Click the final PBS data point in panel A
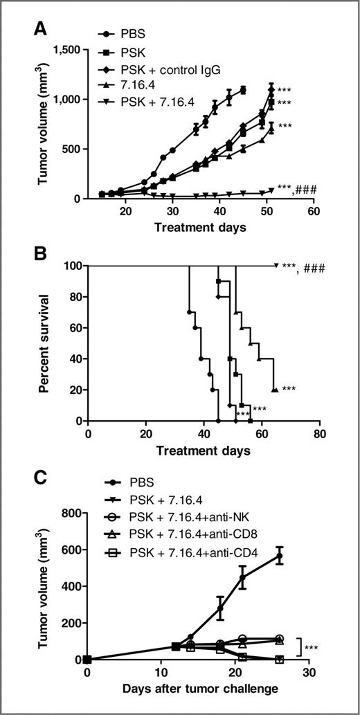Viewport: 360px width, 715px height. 243,89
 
